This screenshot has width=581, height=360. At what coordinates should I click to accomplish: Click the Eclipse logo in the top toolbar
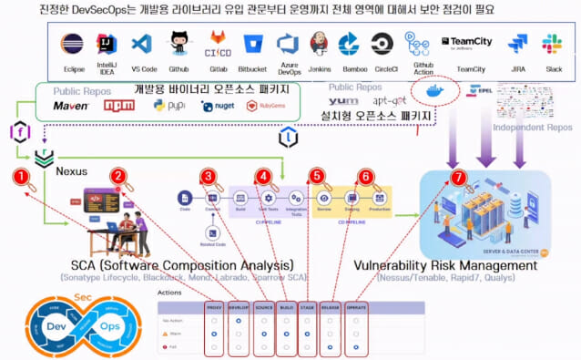72,44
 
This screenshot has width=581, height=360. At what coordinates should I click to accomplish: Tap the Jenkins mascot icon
319,44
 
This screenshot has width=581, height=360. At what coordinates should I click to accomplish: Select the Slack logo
552,44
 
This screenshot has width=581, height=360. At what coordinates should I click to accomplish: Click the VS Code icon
140,44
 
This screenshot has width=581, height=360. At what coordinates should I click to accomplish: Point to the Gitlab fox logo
219,40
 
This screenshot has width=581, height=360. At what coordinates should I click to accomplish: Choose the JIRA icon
518,44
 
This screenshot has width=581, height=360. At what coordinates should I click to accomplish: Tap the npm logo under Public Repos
118,106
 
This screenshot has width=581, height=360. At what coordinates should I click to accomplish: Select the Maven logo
70,106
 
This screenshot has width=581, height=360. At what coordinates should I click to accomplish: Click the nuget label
224,107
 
